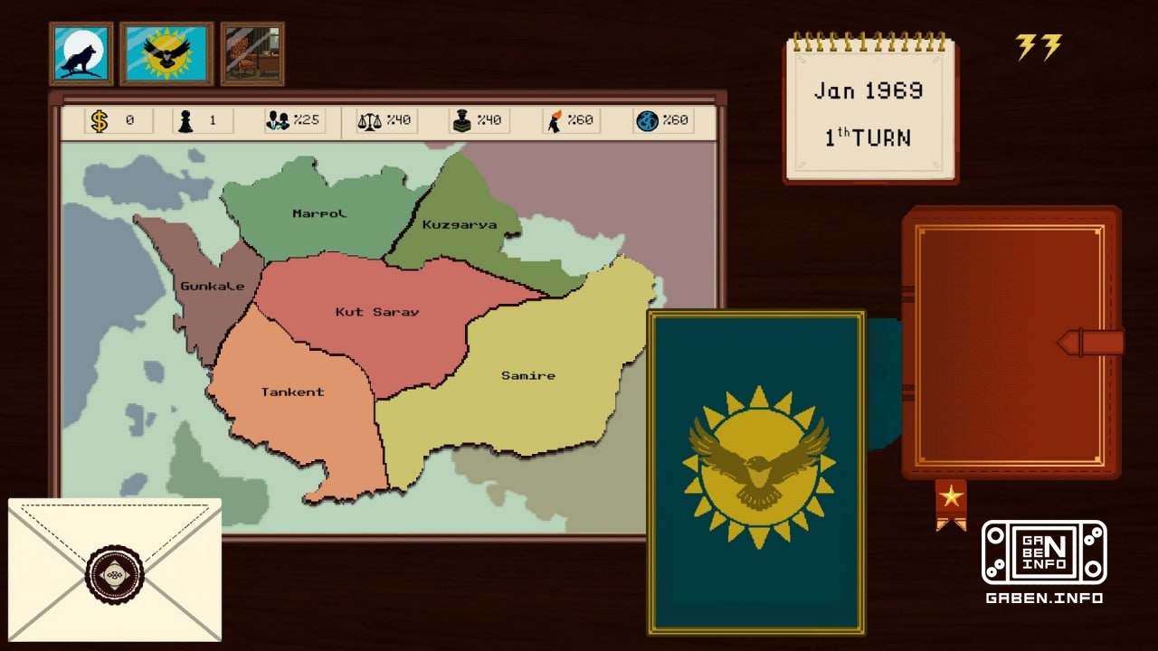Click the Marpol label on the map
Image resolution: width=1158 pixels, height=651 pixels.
319,213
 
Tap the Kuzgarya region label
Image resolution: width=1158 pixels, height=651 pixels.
460,224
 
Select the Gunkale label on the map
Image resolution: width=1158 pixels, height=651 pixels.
213,287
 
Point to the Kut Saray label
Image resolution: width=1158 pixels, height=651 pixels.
377,312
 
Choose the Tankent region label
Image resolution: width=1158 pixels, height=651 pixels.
292,392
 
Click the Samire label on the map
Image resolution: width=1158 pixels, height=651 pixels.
528,375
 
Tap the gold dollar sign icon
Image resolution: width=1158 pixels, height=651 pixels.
100,121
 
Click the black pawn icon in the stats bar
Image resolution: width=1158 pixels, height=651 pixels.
185,121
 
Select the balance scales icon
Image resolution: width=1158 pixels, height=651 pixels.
369,121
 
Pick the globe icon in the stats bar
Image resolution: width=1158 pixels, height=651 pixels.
647,121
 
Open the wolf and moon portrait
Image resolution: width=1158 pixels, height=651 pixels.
81,53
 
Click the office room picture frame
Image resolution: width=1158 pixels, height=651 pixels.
252,53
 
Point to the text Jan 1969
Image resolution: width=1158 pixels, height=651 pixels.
868,91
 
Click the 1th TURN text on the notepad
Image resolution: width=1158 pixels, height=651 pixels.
868,138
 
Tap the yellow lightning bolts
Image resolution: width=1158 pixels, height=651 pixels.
1039,47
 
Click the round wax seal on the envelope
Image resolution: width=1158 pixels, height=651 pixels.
115,574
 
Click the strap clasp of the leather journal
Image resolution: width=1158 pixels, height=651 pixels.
1090,343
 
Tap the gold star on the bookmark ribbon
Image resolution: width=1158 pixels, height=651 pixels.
951,495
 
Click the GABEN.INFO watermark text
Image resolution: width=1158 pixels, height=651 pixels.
1044,598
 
